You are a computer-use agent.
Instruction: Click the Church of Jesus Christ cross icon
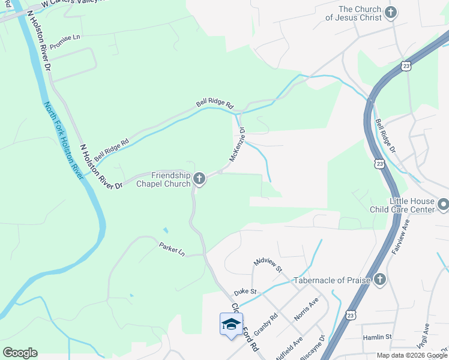(391, 13)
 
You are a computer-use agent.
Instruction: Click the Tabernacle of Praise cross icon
(379, 280)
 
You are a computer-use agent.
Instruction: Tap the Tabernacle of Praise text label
(330, 280)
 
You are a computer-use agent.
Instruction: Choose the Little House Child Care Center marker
(443, 206)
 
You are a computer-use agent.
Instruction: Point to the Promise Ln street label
(64, 41)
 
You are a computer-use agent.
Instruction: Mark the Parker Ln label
(172, 248)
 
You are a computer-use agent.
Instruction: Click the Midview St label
(268, 265)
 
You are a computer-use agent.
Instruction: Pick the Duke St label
(245, 292)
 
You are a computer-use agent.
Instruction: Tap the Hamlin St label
(377, 338)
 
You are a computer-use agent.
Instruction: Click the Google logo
(20, 352)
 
